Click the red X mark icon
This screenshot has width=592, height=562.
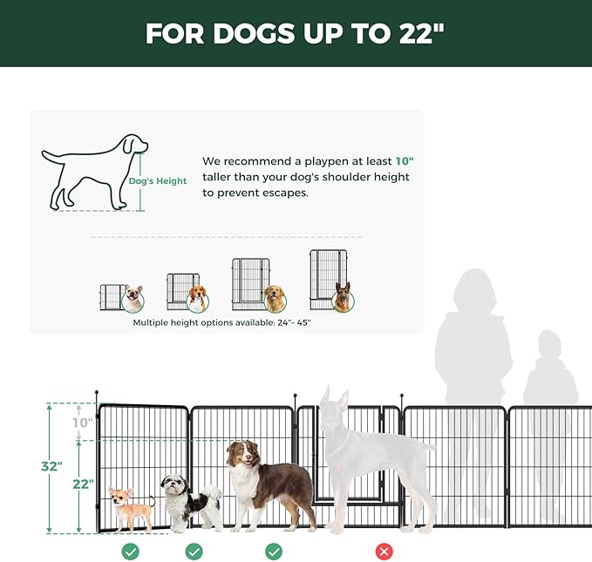pyautogui.click(x=384, y=552)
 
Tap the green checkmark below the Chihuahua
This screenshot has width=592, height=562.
pyautogui.click(x=130, y=552)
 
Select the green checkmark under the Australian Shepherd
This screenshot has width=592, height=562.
pyautogui.click(x=274, y=552)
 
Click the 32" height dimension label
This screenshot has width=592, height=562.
pyautogui.click(x=51, y=466)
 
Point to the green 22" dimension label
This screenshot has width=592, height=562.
pyautogui.click(x=83, y=484)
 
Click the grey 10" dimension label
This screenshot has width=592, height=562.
pyautogui.click(x=83, y=423)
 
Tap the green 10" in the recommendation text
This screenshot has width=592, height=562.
pyautogui.click(x=405, y=161)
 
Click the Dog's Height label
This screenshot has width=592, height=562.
pyautogui.click(x=158, y=181)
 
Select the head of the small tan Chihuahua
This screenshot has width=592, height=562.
pyautogui.click(x=121, y=496)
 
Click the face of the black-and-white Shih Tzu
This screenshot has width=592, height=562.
pyautogui.click(x=174, y=484)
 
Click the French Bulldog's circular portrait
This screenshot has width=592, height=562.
pyautogui.click(x=133, y=300)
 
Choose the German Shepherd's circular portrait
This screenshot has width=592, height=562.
pyautogui.click(x=343, y=300)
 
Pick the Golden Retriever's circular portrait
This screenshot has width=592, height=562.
pyautogui.click(x=275, y=300)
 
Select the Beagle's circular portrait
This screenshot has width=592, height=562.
pyautogui.click(x=197, y=300)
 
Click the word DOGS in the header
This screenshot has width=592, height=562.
pyautogui.click(x=254, y=34)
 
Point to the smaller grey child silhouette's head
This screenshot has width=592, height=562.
pyautogui.click(x=549, y=343)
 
